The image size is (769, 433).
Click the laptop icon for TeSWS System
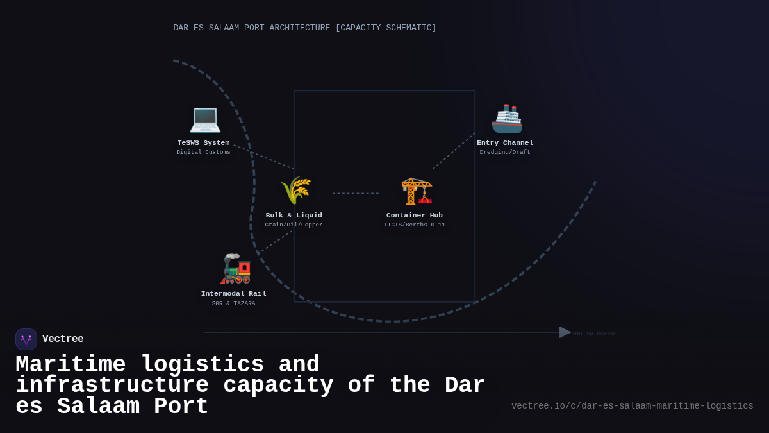tap(205, 119)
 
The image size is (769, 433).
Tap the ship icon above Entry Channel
tap(507, 119)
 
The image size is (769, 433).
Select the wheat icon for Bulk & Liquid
tap(295, 191)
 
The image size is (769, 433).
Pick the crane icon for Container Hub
tap(417, 191)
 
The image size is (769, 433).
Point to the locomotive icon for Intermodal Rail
tap(235, 269)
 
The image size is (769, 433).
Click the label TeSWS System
tap(203, 143)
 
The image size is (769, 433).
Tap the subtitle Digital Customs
tap(203, 153)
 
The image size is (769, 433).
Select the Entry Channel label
tap(505, 143)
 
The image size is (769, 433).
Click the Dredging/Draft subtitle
tap(505, 153)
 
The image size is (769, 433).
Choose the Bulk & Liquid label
tap(294, 216)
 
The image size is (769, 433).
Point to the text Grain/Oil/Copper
tap(294, 225)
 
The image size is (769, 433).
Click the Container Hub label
tap(415, 216)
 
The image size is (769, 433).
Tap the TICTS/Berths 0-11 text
tap(415, 225)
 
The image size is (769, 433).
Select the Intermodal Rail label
tap(234, 294)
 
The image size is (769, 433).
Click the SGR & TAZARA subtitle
tap(234, 304)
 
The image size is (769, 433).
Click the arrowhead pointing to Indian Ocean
tap(565, 332)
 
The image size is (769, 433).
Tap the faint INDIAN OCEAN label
tap(593, 334)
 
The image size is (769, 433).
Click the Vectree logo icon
tap(26, 339)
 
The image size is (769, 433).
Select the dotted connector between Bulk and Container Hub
tap(356, 193)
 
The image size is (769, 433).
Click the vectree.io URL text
tap(633, 406)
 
